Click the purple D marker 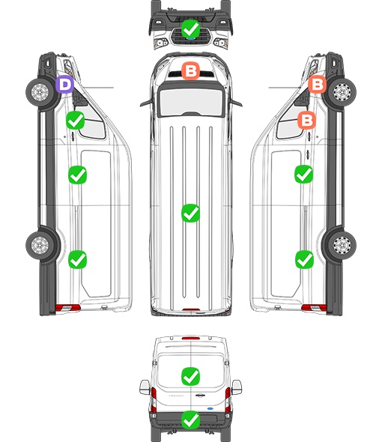[x=64, y=85]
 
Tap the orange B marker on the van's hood [x=191, y=70]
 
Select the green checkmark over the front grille [x=191, y=28]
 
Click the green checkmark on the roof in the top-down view [x=191, y=213]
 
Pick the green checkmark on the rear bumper [x=191, y=420]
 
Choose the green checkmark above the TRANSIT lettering [x=191, y=376]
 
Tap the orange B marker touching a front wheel [x=317, y=84]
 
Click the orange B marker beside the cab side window [x=307, y=120]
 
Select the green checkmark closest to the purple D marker [x=75, y=121]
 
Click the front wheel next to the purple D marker [x=40, y=92]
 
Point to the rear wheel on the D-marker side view [x=40, y=245]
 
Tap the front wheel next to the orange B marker [x=342, y=92]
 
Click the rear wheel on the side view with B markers [x=342, y=245]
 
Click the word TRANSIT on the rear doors [x=176, y=396]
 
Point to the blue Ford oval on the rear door [x=210, y=408]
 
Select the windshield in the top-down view [x=191, y=101]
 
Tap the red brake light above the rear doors [x=191, y=338]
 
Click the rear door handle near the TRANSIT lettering [x=200, y=396]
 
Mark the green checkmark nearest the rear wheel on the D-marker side [x=78, y=259]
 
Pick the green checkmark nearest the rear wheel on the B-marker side [x=304, y=259]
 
